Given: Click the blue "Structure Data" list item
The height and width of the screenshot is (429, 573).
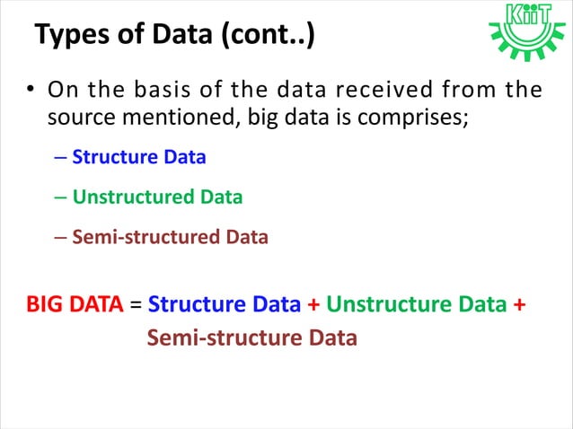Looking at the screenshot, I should click(x=139, y=157).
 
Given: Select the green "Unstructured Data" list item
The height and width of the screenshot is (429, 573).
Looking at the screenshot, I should click(x=157, y=197).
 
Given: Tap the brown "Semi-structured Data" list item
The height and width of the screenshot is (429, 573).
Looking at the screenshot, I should click(x=170, y=238).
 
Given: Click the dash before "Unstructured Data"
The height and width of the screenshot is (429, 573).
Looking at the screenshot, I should click(x=60, y=197).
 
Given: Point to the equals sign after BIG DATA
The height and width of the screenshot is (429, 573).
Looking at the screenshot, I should click(x=136, y=304).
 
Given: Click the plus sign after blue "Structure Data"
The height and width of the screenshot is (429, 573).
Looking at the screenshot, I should click(x=313, y=304).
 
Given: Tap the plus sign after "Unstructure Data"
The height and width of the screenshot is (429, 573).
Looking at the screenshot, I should click(x=519, y=304).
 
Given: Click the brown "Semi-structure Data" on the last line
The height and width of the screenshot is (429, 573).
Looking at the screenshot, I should click(x=251, y=338).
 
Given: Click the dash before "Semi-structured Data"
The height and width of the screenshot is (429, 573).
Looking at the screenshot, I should click(x=60, y=238).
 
